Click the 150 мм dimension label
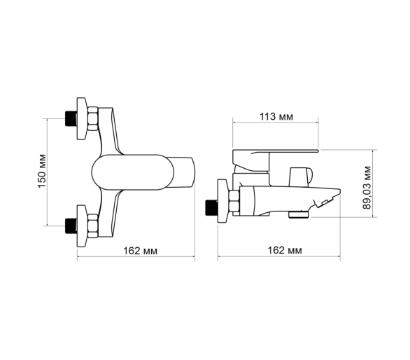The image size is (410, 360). [x=42, y=171]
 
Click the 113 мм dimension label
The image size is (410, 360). [x=276, y=116]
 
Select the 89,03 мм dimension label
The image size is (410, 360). [x=367, y=188]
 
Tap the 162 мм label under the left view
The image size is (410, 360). [x=141, y=251]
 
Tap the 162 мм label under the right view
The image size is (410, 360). [x=285, y=250]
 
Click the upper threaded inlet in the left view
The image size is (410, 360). [x=71, y=119]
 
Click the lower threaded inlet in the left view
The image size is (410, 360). [x=71, y=226]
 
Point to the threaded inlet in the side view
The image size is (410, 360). [x=211, y=207]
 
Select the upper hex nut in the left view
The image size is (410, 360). [x=92, y=118]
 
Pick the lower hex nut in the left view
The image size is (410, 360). [x=92, y=226]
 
